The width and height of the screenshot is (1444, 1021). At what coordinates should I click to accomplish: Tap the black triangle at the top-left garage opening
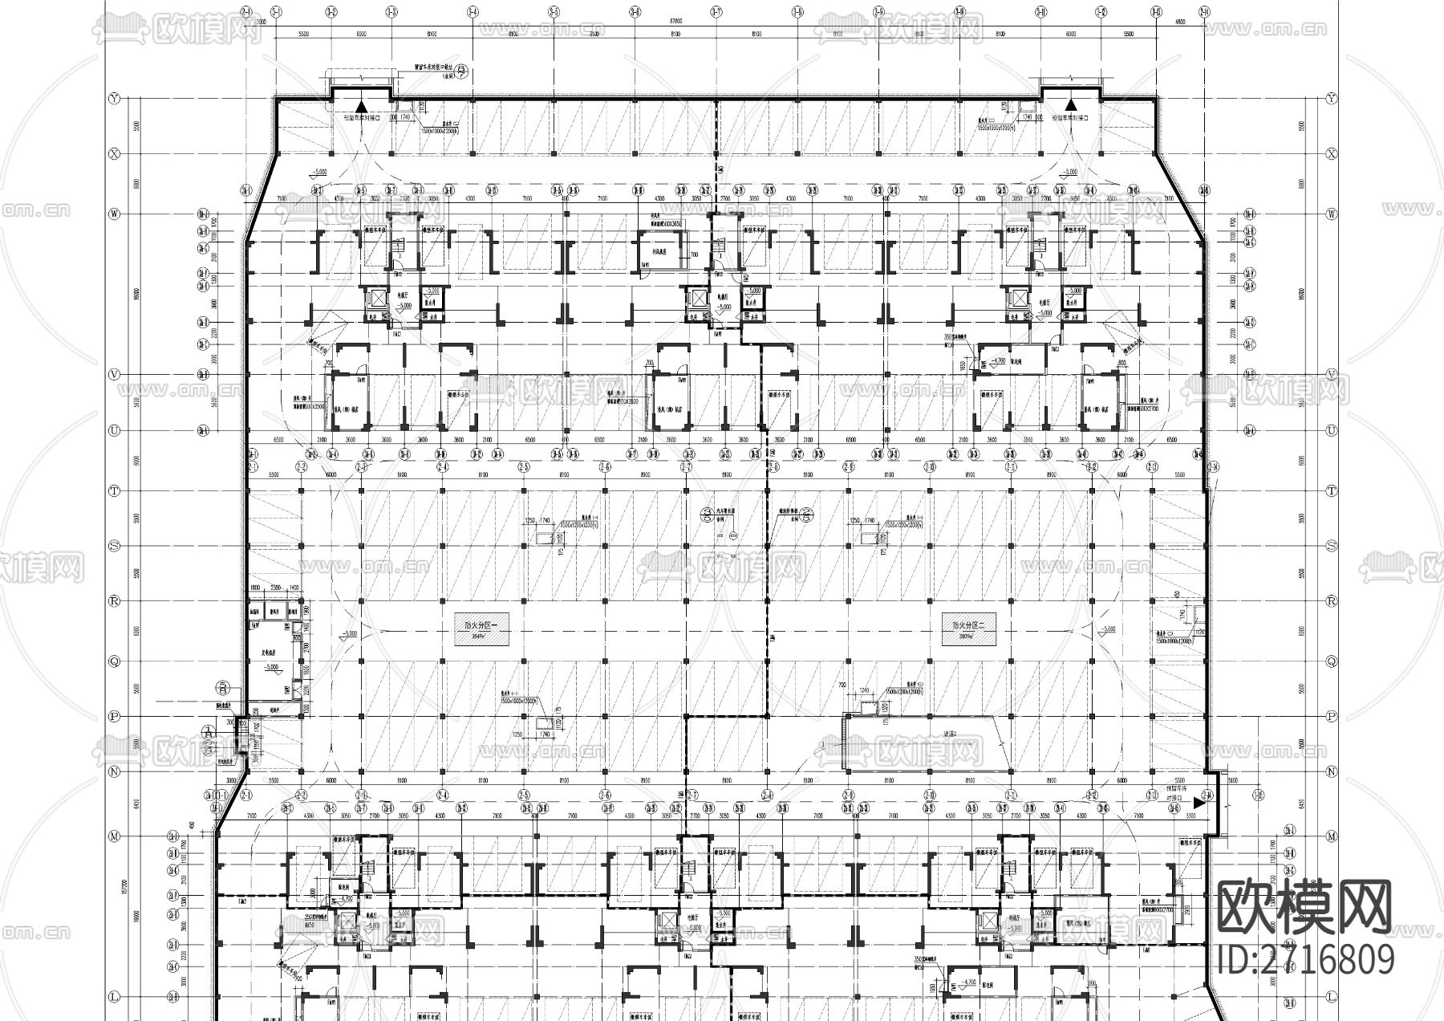362,104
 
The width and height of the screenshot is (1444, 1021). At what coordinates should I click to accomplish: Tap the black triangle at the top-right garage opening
1070,104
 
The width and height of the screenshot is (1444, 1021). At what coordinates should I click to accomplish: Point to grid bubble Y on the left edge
113,98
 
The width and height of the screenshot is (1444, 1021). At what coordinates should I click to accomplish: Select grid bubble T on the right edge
1332,490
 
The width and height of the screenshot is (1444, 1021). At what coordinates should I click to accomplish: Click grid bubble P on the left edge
113,716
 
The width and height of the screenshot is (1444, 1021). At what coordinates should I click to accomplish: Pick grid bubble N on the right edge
1332,771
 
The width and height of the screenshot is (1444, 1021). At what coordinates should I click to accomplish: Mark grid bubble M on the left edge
113,836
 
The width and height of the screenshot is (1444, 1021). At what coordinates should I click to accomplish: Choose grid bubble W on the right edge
1332,214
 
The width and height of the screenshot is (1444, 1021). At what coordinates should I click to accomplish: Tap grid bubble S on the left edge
113,546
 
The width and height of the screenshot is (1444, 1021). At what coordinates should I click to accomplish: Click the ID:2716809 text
1306,960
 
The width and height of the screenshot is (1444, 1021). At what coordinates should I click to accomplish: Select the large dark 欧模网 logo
1305,906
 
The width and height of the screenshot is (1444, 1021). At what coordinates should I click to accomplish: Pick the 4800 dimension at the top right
1179,22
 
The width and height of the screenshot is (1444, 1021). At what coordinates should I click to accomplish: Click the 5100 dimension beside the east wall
1233,779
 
